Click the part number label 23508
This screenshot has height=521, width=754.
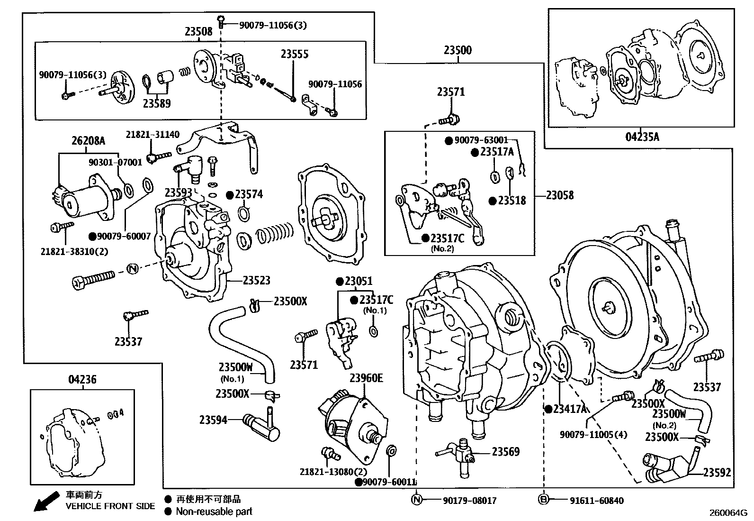198,32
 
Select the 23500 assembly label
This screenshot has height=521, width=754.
458,50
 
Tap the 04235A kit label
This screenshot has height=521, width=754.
642,137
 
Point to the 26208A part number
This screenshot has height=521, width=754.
88,141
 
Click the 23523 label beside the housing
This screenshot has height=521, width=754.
256,281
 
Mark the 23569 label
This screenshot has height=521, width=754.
505,452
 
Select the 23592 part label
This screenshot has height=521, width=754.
717,473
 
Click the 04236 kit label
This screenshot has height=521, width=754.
82,379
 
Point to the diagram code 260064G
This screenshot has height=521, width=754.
727,512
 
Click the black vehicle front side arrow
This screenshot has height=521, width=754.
45,502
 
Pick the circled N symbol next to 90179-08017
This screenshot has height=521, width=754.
416,500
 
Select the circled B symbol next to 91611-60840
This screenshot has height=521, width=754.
543,500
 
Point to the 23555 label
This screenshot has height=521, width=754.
294,54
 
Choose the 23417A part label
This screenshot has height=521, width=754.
570,409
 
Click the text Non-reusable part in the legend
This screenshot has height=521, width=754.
214,512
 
